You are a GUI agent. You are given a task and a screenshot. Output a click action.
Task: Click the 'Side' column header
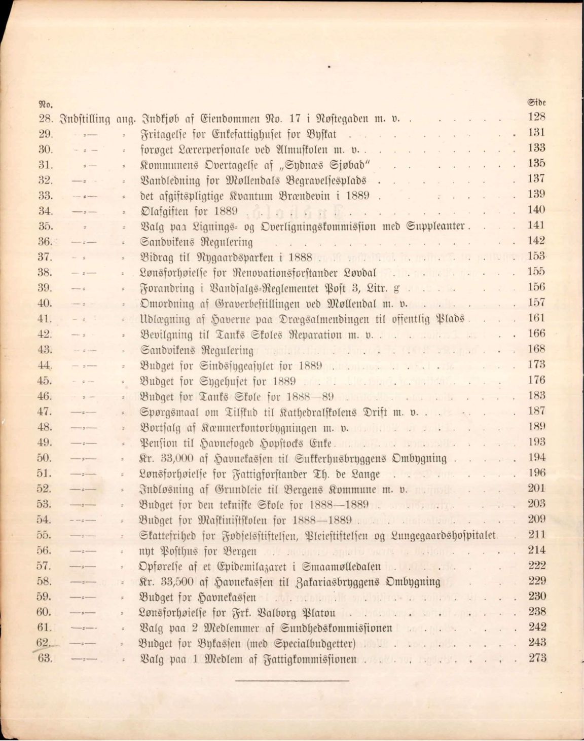[536, 103]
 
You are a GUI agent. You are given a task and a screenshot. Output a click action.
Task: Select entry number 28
[45, 119]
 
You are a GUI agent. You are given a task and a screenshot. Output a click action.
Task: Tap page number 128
[536, 117]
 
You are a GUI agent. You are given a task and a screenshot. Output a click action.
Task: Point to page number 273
[537, 658]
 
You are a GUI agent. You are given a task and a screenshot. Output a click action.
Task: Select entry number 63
[45, 659]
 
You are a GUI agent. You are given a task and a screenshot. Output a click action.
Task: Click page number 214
[537, 549]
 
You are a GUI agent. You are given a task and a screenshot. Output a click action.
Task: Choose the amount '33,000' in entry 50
[177, 459]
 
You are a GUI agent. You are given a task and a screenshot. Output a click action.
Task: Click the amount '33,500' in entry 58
[177, 582]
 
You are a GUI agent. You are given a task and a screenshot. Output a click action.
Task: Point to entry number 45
[45, 380]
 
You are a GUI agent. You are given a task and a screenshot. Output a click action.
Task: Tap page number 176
[536, 380]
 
